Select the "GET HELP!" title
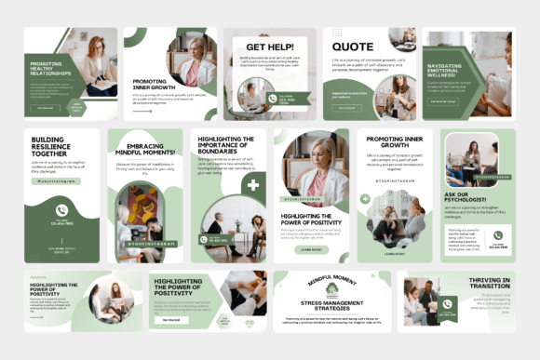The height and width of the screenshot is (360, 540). (269, 46)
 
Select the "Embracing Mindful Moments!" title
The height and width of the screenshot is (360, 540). (144, 151)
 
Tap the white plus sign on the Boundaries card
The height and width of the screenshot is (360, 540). (252, 185)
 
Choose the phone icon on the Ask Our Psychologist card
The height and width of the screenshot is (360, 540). (497, 235)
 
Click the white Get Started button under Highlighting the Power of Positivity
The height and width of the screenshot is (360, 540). (171, 318)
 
